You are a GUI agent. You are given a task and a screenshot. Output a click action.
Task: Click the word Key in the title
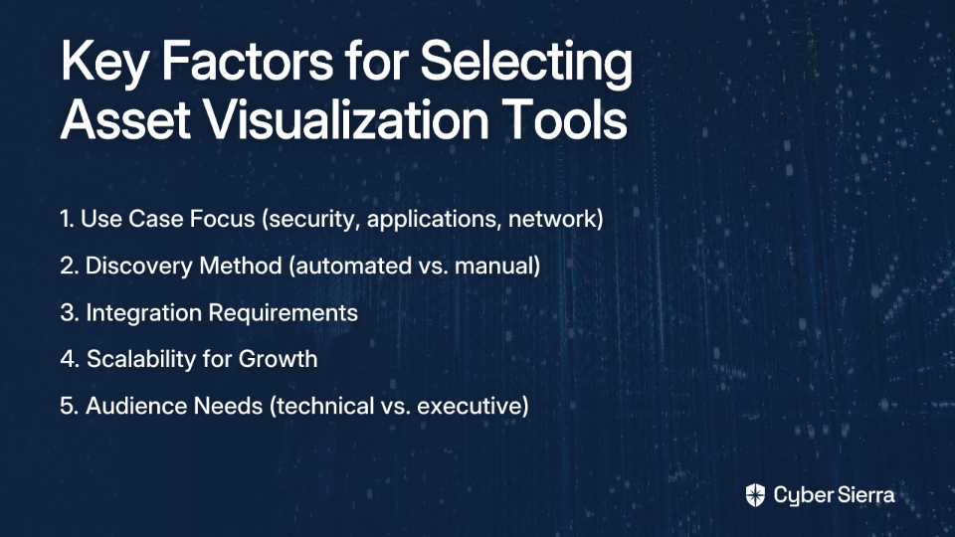[104, 64]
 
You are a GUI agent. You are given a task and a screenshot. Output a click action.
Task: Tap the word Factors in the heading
[247, 61]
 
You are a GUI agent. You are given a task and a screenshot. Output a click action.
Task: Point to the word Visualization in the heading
[345, 118]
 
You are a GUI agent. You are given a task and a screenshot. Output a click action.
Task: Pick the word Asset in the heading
[125, 119]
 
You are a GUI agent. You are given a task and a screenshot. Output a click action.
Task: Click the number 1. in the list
[67, 219]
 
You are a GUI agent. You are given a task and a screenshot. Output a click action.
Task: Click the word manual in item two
[497, 267]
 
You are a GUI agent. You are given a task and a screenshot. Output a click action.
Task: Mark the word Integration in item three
[143, 313]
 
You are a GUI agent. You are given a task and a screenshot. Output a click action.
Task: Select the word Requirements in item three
[284, 313]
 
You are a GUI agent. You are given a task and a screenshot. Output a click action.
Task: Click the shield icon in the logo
[755, 495]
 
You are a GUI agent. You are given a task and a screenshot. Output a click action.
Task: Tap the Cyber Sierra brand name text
[835, 495]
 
